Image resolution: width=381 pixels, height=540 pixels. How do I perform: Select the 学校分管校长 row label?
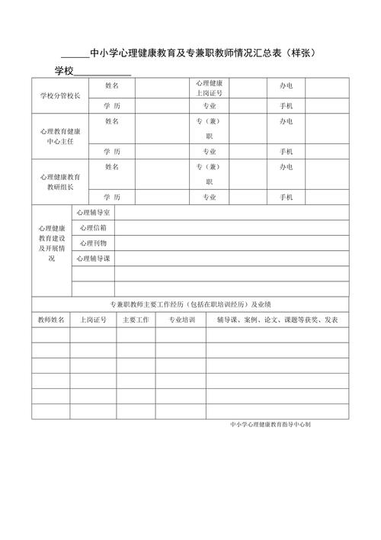pyautogui.click(x=59, y=96)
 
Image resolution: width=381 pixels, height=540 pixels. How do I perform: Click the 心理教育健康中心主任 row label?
pyautogui.click(x=59, y=135)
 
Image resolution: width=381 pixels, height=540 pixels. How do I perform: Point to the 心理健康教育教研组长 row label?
pyautogui.click(x=59, y=181)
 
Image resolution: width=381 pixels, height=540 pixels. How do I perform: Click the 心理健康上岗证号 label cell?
pyautogui.click(x=209, y=88)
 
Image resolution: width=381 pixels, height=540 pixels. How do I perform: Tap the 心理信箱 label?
pyautogui.click(x=93, y=227)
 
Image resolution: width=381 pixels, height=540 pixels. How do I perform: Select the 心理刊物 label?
pyautogui.click(x=93, y=243)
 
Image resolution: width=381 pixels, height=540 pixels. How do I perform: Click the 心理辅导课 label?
pyautogui.click(x=93, y=259)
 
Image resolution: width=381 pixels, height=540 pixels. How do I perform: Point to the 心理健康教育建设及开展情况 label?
pyautogui.click(x=51, y=243)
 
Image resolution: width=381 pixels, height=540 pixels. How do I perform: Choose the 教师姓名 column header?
pyautogui.click(x=51, y=320)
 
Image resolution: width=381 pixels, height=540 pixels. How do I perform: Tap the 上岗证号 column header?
pyautogui.click(x=93, y=320)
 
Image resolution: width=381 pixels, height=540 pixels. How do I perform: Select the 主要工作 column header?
pyautogui.click(x=135, y=320)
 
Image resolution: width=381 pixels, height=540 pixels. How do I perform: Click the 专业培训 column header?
pyautogui.click(x=181, y=320)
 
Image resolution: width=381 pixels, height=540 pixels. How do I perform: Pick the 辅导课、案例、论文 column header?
pyautogui.click(x=277, y=320)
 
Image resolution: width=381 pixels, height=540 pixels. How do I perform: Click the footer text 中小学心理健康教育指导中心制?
pyautogui.click(x=270, y=424)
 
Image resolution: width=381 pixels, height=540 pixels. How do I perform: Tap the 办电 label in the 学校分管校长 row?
pyautogui.click(x=286, y=87)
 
